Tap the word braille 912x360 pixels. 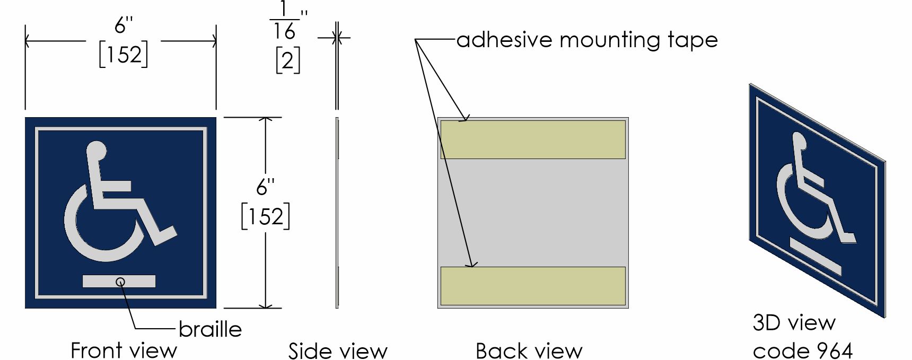(210, 329)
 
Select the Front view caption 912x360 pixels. (124, 350)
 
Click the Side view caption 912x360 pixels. (338, 351)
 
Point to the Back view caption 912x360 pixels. (529, 351)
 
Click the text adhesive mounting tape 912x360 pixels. (587, 40)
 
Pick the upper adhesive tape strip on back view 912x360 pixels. (533, 139)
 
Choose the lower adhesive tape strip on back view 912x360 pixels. (533, 286)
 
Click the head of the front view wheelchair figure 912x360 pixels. (97, 150)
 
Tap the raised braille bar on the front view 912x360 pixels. (119, 282)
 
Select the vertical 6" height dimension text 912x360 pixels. (266, 187)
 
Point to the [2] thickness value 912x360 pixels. (288, 61)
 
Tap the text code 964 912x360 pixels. (802, 350)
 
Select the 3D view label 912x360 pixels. (794, 322)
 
